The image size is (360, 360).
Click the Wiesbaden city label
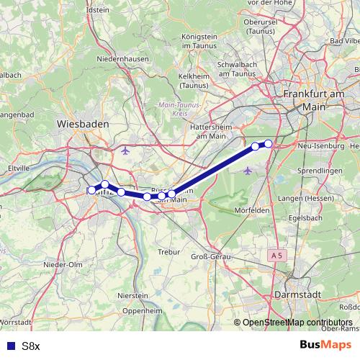pyautogui.click(x=82, y=125)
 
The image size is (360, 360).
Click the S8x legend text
pyautogui.click(x=31, y=346)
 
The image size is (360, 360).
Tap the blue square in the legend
pyautogui.click(x=9, y=346)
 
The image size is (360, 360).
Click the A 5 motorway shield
pyautogui.click(x=278, y=256)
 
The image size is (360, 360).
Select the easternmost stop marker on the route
pyautogui.click(x=269, y=143)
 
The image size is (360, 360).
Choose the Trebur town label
pyautogui.click(x=169, y=252)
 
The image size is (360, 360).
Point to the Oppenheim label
pyautogui.click(x=140, y=311)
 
